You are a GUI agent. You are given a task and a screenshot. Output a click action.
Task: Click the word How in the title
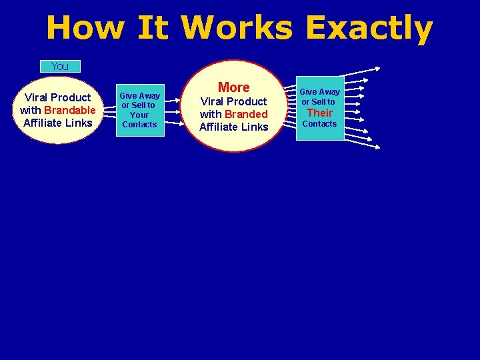tap(85, 28)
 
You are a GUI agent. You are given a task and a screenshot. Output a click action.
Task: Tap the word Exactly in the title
tap(369, 28)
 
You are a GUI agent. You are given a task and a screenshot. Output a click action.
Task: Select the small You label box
tap(60, 66)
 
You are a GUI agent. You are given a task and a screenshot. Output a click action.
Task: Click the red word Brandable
tap(70, 110)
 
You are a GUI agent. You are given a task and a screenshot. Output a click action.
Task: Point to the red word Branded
tap(246, 114)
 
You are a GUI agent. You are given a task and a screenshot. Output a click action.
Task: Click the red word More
tap(233, 87)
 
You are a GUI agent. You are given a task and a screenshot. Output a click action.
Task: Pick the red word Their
tap(319, 113)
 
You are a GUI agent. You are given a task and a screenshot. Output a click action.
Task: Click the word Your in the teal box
tap(139, 115)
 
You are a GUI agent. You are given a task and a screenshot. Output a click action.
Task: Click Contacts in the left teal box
tap(139, 125)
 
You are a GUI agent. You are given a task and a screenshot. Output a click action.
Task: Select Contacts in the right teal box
tap(320, 124)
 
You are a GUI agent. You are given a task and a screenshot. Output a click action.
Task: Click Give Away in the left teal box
tap(139, 95)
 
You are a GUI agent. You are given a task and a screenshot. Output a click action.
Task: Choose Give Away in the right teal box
tap(319, 91)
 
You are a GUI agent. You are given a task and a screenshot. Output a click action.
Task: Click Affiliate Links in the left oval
tap(58, 123)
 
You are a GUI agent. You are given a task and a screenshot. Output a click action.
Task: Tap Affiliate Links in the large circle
tap(233, 127)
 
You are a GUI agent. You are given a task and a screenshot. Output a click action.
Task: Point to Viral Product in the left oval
tap(58, 97)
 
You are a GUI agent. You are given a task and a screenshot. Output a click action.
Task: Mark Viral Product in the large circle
tap(233, 101)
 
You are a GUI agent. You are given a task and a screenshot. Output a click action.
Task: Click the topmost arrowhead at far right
tap(377, 67)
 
